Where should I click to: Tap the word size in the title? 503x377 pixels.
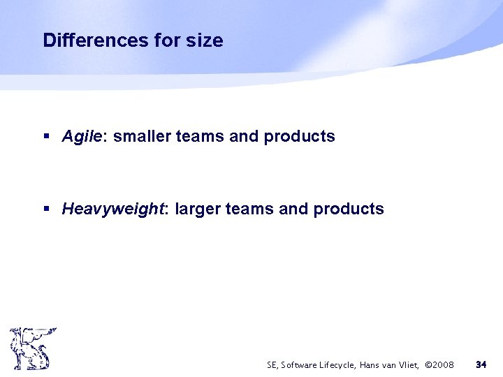(x=205, y=40)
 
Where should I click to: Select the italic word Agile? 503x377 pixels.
(x=82, y=137)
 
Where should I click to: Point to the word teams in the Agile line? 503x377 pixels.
(x=200, y=136)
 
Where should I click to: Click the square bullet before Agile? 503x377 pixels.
(x=46, y=137)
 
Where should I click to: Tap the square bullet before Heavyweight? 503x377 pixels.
(x=46, y=209)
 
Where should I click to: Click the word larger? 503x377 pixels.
(x=198, y=209)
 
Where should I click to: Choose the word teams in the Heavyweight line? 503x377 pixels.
(x=249, y=209)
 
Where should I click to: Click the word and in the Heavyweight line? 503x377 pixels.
(x=293, y=209)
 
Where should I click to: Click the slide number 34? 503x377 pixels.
(x=481, y=364)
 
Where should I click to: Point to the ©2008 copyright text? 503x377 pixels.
(x=439, y=364)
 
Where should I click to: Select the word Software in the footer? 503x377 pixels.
(x=302, y=364)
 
